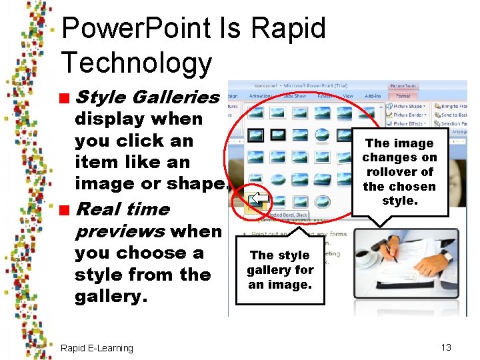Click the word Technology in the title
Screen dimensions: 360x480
point(136,63)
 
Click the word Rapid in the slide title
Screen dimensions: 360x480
point(289,29)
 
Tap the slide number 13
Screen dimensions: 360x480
point(446,347)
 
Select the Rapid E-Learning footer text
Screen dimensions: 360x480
point(97,348)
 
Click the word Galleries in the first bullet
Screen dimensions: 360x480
point(176,97)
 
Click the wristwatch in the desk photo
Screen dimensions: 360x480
point(446,256)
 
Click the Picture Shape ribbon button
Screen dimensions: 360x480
point(407,106)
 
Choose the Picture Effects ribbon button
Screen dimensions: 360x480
point(408,123)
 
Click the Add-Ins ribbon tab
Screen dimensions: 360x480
point(374,96)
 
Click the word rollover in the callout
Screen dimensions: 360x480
point(399,172)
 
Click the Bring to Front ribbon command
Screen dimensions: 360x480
point(453,106)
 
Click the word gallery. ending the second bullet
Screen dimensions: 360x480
point(110,296)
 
